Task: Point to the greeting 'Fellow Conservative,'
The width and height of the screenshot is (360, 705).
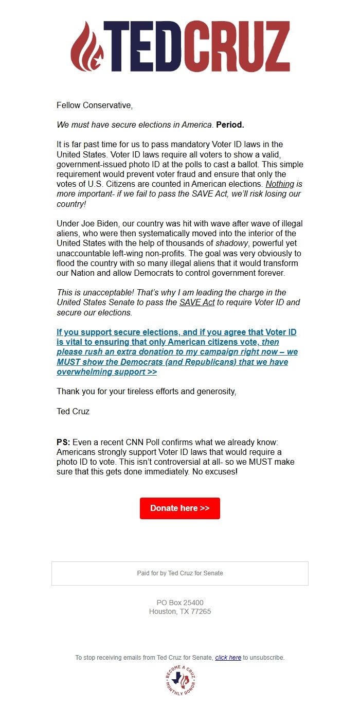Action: click(95, 105)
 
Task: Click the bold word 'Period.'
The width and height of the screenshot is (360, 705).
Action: click(230, 125)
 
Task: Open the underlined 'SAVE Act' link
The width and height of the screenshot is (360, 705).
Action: click(197, 302)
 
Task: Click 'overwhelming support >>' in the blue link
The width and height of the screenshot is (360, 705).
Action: click(106, 372)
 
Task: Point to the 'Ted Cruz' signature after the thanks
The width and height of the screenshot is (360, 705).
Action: click(73, 411)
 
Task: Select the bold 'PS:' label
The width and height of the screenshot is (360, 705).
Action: click(63, 443)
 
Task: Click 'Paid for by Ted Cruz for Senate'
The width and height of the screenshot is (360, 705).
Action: click(180, 573)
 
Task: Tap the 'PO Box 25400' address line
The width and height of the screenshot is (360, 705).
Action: click(180, 603)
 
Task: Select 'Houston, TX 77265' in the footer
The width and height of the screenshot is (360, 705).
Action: click(180, 612)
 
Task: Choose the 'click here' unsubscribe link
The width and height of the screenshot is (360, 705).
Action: click(228, 658)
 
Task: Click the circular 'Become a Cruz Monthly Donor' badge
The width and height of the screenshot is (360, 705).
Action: click(181, 680)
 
